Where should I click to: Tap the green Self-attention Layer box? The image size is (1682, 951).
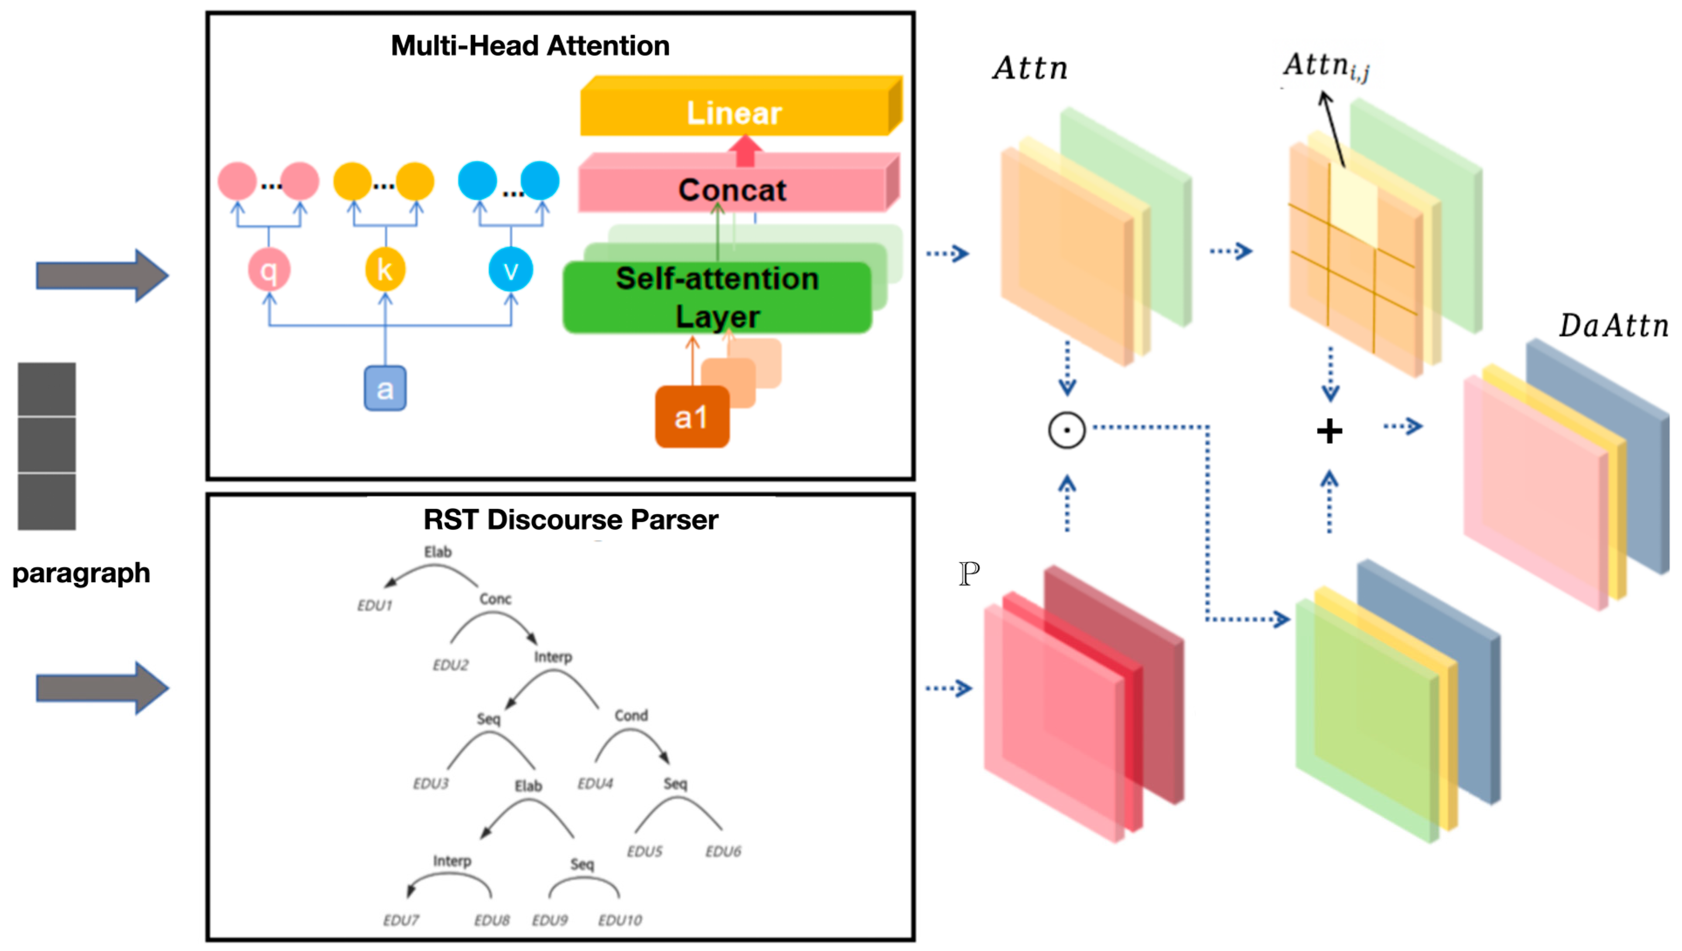coord(717,297)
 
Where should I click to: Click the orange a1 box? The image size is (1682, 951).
coord(691,417)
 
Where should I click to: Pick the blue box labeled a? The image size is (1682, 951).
coord(385,389)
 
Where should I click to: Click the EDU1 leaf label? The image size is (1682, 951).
coord(374,606)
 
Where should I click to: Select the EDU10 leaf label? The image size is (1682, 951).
coord(620,920)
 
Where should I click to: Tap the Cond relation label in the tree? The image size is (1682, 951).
coord(630,715)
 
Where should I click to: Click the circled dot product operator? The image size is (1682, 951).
coord(1066,430)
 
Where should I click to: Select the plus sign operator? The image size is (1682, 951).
coord(1329,431)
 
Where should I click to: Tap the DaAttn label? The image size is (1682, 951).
coord(1612,325)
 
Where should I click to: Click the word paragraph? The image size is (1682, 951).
coord(81,573)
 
